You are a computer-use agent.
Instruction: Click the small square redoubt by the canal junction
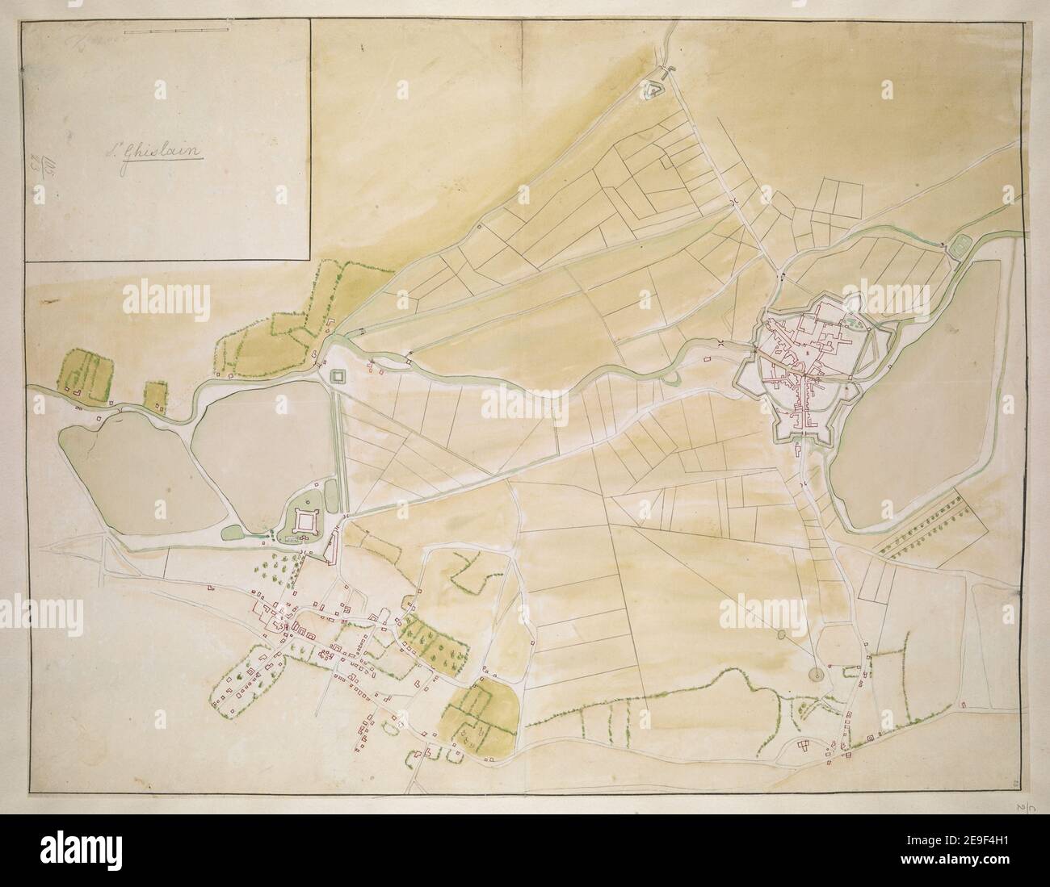pyautogui.click(x=337, y=376)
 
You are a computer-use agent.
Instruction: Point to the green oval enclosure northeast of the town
pyautogui.click(x=962, y=243)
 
